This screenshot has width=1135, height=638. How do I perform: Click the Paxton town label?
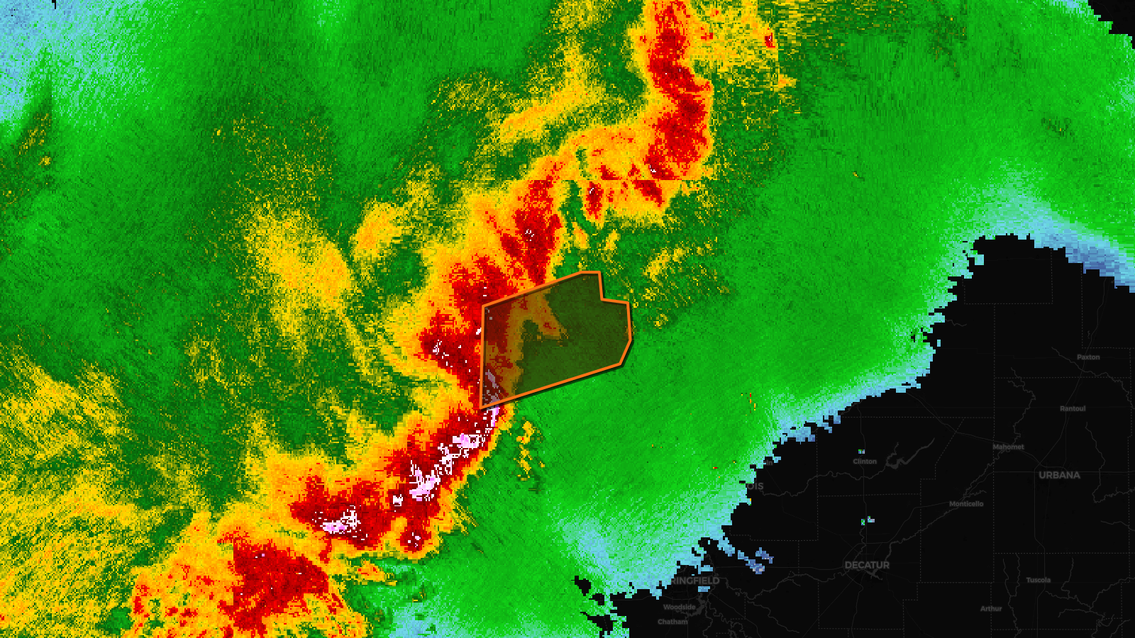tap(1088, 357)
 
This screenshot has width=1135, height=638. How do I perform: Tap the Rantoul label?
tap(1073, 408)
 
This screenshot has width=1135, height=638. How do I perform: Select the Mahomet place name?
tap(1008, 447)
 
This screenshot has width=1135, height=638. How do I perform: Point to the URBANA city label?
tap(1059, 475)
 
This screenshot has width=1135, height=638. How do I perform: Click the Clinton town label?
tap(865, 461)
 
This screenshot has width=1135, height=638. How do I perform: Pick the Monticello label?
tap(966, 504)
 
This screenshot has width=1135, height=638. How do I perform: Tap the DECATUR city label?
tap(867, 565)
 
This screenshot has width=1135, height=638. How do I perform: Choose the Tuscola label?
tap(1038, 580)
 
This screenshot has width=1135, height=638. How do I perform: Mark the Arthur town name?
tap(991, 608)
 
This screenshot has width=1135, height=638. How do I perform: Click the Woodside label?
tap(680, 607)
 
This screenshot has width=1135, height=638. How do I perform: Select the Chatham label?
tap(672, 622)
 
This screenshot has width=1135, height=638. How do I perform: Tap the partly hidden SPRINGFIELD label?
tap(696, 581)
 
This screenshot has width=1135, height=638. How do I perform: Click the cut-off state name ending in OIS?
tap(755, 486)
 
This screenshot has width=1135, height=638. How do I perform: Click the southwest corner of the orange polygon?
tap(482, 408)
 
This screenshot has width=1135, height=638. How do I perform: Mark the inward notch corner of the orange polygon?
tap(602, 299)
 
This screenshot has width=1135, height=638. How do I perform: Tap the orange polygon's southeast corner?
tap(622, 365)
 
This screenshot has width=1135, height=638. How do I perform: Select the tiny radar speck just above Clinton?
tap(861, 451)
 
